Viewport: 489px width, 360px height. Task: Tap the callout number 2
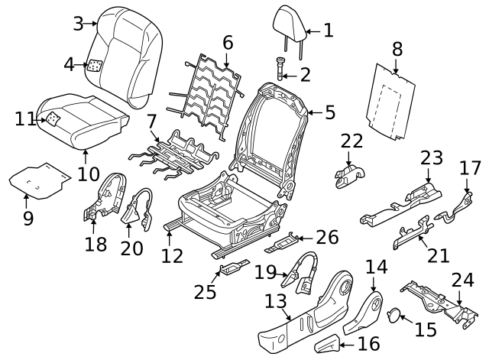pos(305,74)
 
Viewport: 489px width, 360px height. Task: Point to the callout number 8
pos(397,50)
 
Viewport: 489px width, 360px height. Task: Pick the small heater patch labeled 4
pos(96,66)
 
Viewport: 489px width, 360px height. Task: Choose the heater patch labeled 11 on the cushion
pos(53,118)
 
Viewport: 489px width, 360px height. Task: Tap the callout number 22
pos(351,141)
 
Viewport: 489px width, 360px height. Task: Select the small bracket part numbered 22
pos(348,175)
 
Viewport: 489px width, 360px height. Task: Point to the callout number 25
pos(204,291)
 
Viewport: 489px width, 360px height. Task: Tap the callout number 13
pos(275,301)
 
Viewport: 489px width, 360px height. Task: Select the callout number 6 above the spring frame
pos(228,44)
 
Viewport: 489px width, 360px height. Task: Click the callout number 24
pos(461,279)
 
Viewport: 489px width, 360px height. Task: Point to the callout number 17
pos(471,167)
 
